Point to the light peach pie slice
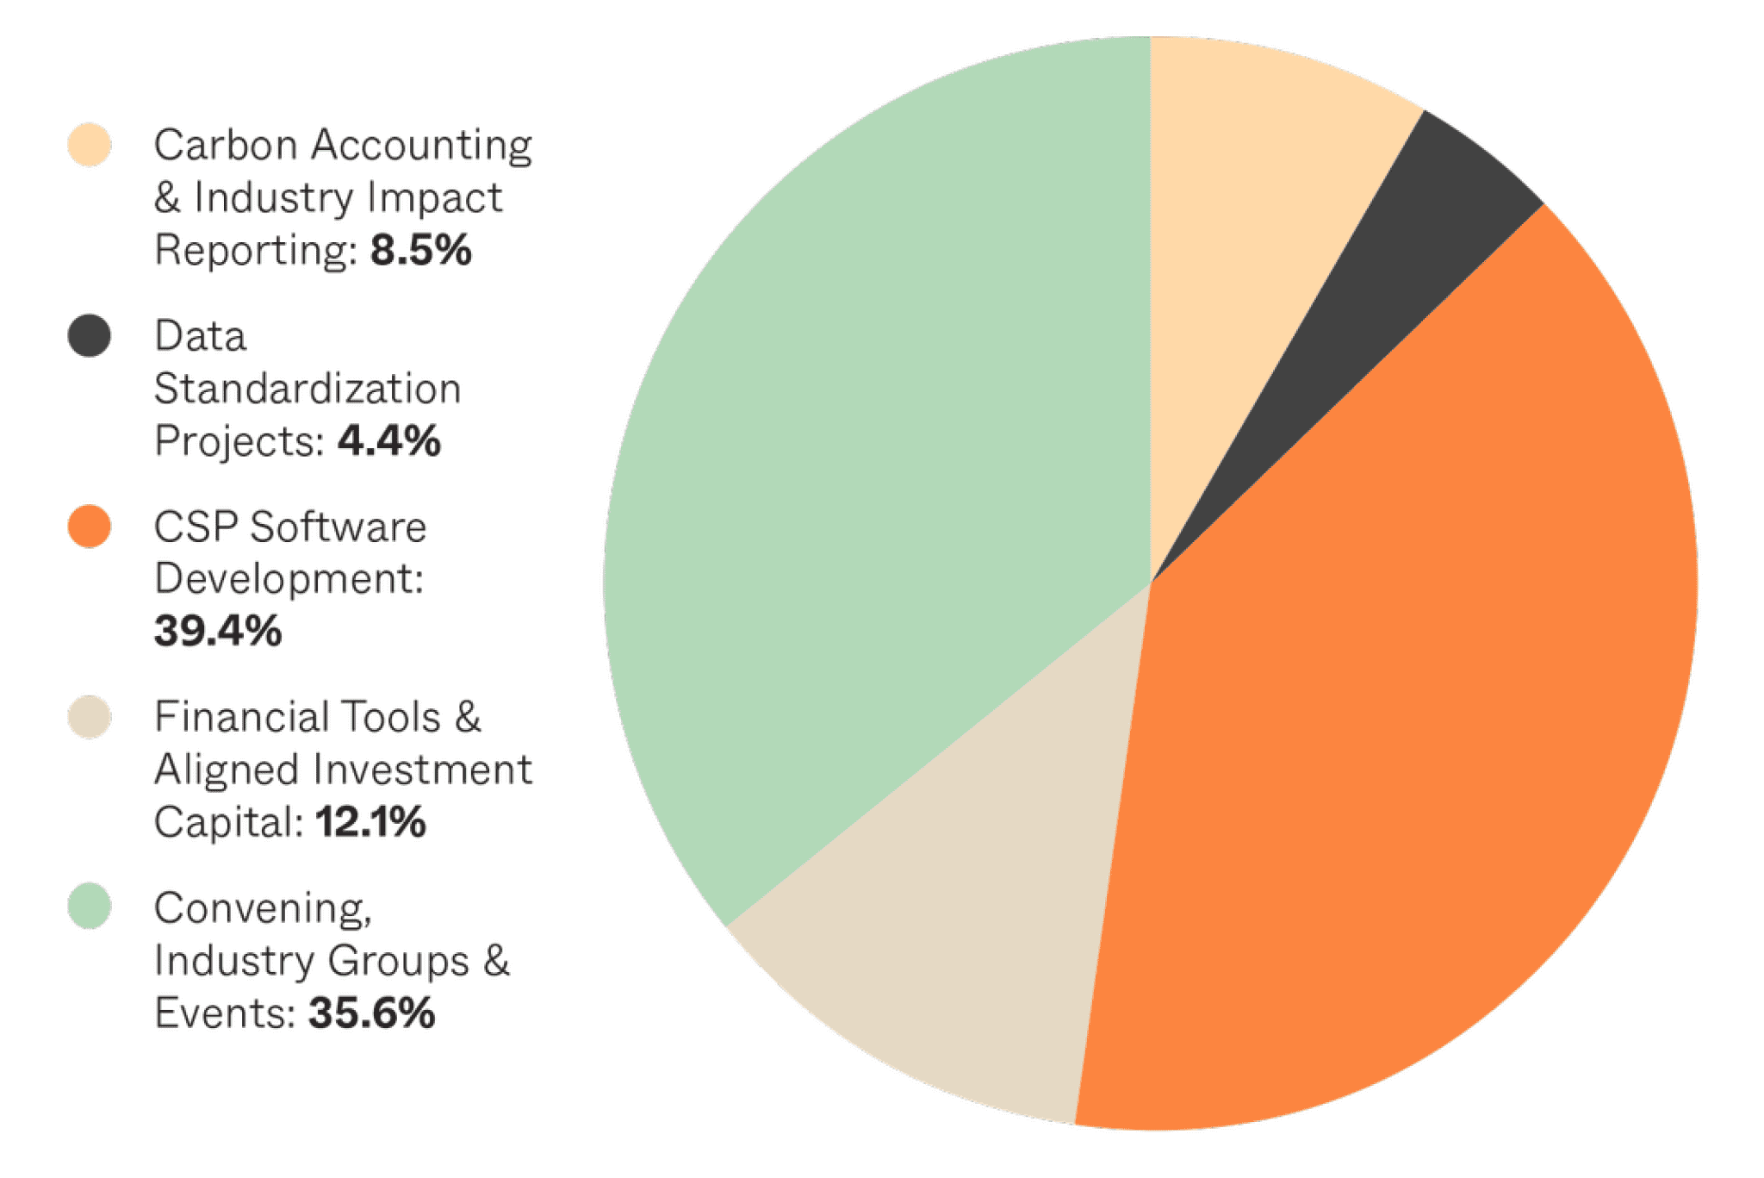(x=1240, y=215)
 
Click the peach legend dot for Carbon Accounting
(x=90, y=144)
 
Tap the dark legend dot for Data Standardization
(x=90, y=335)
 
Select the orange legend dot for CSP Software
(x=90, y=526)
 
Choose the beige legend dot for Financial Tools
(x=90, y=717)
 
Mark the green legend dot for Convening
(x=90, y=907)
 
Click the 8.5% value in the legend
(x=421, y=251)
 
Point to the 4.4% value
(x=389, y=441)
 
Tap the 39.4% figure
(x=218, y=631)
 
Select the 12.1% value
(x=370, y=822)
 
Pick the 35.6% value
(x=372, y=1013)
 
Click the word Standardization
(x=307, y=389)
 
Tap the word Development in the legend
(x=289, y=578)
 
